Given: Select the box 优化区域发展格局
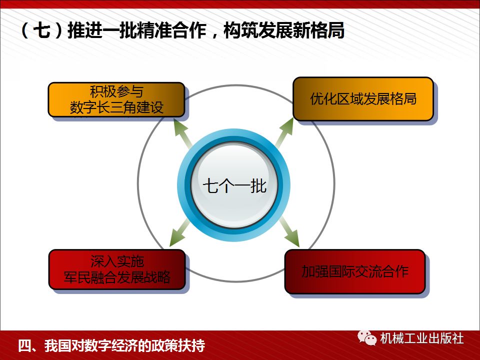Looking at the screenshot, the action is [x=362, y=98].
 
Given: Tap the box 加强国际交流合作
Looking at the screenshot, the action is [x=354, y=271].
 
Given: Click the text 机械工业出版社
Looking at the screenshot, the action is [x=421, y=338].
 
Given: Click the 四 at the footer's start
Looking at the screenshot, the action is [x=24, y=345].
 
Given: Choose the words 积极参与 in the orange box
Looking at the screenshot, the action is [x=116, y=92].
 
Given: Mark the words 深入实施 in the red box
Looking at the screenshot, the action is [x=117, y=261].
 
